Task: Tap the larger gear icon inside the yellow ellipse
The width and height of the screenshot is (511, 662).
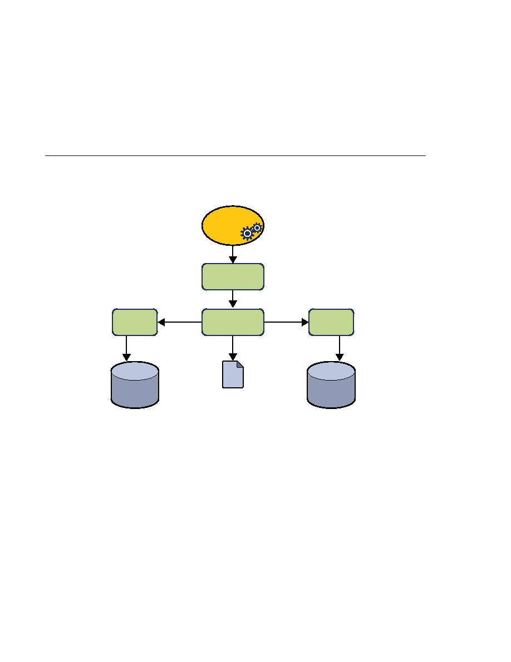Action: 247,233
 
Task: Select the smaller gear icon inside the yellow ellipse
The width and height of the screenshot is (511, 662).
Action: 257,227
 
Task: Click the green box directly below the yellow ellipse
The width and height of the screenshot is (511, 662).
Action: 233,277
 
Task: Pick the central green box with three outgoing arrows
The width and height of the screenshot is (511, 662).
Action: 233,322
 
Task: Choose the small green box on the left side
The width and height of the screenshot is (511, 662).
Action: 135,322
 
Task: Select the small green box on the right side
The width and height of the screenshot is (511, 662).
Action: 331,322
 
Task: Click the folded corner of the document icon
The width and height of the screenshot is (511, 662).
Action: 240,364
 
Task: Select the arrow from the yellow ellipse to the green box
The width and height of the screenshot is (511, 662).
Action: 233,255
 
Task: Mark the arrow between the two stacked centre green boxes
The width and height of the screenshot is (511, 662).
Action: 233,299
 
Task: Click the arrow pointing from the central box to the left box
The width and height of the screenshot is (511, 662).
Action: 179,322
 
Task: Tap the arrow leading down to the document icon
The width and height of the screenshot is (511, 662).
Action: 233,348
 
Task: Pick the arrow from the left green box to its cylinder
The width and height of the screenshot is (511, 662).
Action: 126,348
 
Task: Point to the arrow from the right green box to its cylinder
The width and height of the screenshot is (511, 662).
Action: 340,348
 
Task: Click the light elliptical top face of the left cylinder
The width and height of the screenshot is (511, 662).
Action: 135,371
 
